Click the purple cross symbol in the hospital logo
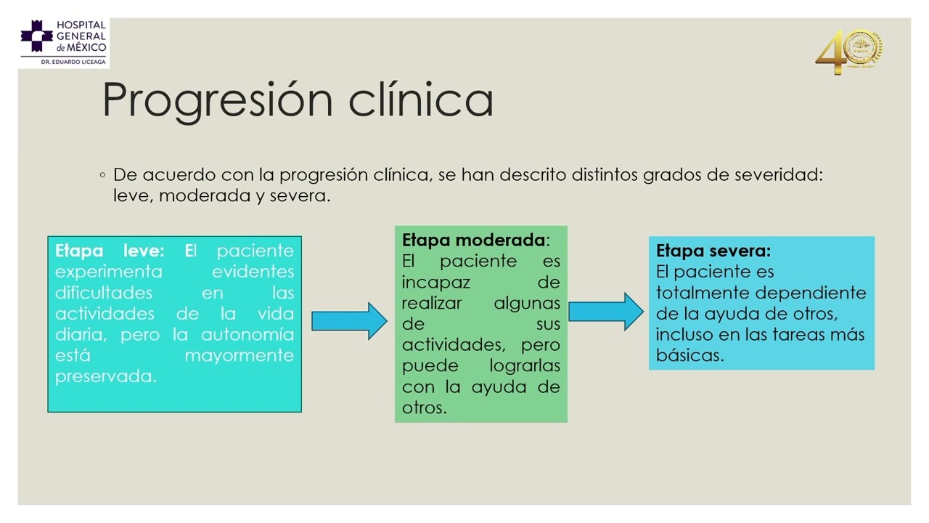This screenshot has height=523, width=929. [36, 36]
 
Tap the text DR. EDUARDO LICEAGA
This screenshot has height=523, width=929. [73, 62]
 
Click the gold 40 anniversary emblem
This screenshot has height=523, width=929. [848, 52]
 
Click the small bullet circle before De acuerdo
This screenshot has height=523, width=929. [103, 175]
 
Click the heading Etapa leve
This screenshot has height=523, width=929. [109, 251]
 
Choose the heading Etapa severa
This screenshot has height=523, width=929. [713, 251]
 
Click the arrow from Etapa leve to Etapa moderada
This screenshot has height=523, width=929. [349, 321]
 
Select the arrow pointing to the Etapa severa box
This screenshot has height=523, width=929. [605, 312]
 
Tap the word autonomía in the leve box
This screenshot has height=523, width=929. [247, 335]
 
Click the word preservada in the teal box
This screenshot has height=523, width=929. [105, 377]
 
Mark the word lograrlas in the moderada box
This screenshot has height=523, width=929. [525, 366]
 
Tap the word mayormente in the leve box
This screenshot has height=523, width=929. [240, 356]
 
